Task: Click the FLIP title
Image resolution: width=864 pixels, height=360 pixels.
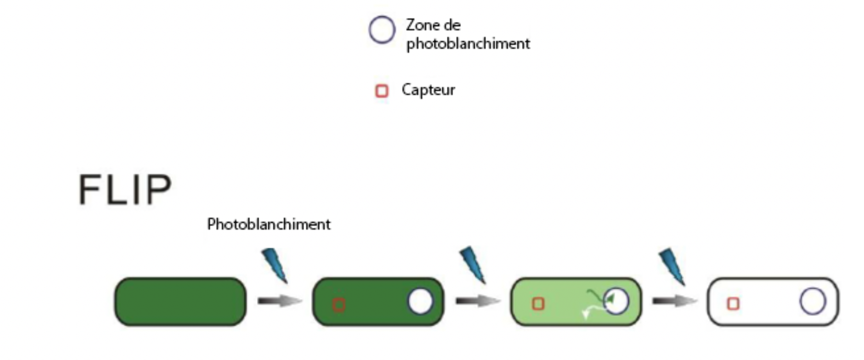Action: (x=125, y=189)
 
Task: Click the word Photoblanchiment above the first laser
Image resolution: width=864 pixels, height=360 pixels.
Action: (x=269, y=224)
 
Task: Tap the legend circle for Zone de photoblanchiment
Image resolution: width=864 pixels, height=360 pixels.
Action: (x=382, y=30)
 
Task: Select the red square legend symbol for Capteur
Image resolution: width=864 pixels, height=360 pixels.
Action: (x=382, y=91)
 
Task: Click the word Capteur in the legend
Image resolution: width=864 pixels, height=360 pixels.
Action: (x=428, y=90)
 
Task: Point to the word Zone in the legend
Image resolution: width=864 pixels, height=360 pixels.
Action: (x=421, y=25)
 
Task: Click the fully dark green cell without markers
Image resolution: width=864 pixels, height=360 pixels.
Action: (x=180, y=302)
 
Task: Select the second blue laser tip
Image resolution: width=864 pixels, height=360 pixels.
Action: (x=473, y=264)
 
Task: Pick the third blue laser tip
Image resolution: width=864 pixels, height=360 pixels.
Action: (x=672, y=266)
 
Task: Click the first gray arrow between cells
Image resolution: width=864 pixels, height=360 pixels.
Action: (x=279, y=301)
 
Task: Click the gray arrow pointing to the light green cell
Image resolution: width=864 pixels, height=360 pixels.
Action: (x=477, y=301)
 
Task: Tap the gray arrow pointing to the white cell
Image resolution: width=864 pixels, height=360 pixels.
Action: (x=674, y=301)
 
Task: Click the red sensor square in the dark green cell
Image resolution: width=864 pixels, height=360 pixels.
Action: (x=338, y=305)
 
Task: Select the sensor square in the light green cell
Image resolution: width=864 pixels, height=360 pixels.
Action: (x=538, y=304)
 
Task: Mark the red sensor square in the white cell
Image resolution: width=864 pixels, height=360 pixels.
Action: (x=733, y=304)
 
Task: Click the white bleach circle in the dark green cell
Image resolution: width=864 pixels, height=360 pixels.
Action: (x=420, y=301)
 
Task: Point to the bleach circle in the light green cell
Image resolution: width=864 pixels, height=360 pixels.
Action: (x=616, y=301)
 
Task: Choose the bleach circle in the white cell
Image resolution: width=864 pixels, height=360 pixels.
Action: (x=813, y=301)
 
